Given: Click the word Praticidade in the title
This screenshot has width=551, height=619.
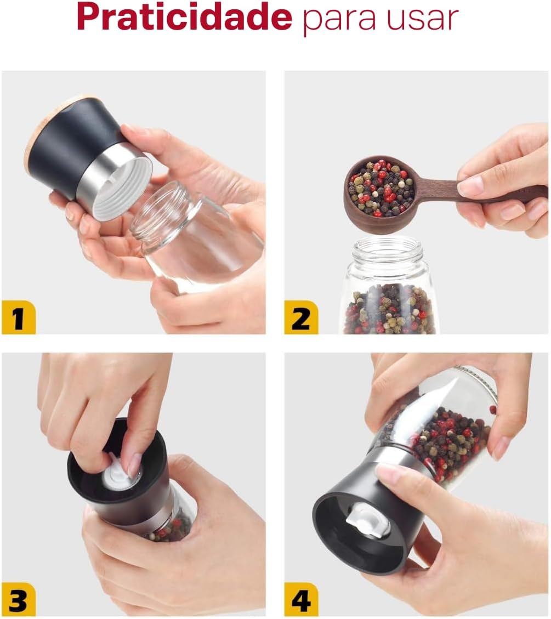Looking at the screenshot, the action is click(184, 18).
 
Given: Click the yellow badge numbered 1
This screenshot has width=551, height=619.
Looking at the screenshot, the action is click(19, 317).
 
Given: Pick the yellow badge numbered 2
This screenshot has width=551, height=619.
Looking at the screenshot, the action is click(301, 317).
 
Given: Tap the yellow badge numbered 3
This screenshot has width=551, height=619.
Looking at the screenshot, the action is click(19, 599).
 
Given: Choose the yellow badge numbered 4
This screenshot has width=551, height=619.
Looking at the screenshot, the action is click(301, 599).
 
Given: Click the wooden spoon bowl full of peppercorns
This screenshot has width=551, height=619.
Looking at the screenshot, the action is click(379, 190).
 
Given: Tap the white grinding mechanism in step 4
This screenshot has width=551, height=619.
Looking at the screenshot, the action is click(367, 521).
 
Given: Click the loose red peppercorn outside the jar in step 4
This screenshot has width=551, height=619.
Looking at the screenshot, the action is click(493, 410).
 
